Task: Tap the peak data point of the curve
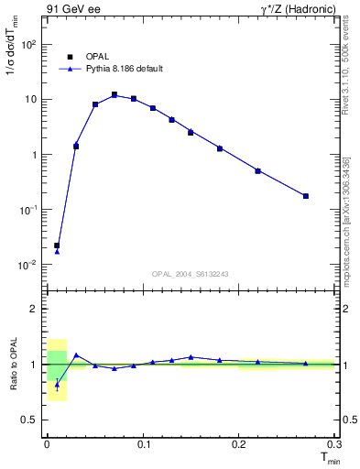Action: (115, 94)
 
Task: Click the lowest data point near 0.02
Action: (57, 245)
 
